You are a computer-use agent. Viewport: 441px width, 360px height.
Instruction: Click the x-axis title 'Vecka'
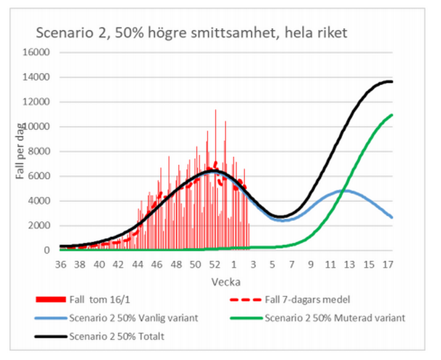point(227,282)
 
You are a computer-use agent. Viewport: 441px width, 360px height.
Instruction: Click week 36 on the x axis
point(61,265)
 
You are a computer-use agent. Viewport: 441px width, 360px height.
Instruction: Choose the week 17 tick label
point(387,265)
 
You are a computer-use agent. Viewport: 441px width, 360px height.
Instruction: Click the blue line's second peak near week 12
point(345,190)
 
